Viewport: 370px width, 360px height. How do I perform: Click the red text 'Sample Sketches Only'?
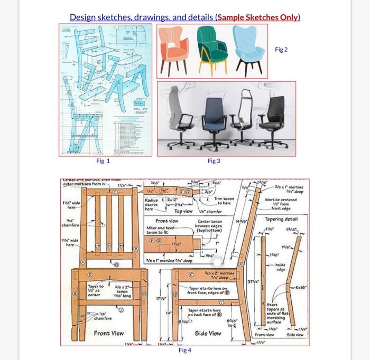258,17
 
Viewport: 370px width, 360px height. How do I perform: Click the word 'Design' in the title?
84,17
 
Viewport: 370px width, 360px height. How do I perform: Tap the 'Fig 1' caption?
103,160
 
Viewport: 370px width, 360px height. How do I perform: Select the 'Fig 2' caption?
282,50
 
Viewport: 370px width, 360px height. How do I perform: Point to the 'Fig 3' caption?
214,160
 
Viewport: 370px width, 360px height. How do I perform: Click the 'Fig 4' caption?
185,350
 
